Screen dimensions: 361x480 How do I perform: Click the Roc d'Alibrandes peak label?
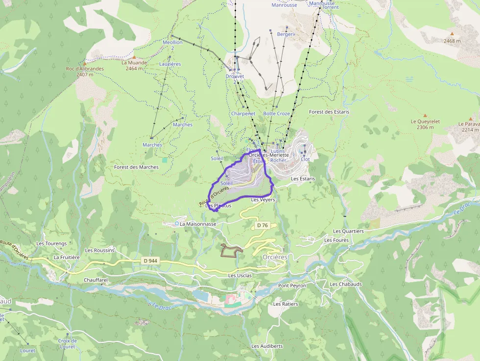pyautogui.click(x=85, y=69)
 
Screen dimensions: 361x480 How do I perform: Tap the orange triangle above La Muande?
pyautogui.click(x=134, y=57)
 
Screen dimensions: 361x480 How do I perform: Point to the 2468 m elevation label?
pyautogui.click(x=452, y=41)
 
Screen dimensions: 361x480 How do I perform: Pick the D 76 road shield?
pyautogui.click(x=263, y=225)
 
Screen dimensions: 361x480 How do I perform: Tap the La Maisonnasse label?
pyautogui.click(x=198, y=224)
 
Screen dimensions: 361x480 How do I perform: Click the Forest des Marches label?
pyautogui.click(x=136, y=167)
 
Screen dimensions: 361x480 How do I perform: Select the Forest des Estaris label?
pyautogui.click(x=329, y=112)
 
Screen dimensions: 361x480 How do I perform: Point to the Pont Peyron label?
pyautogui.click(x=292, y=286)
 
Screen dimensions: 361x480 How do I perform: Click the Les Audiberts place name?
pyautogui.click(x=267, y=346)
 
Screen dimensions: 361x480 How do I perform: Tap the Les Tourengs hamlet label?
pyautogui.click(x=51, y=243)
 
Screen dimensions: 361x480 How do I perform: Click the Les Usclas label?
pyautogui.click(x=240, y=275)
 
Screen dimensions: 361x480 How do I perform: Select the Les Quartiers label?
pyautogui.click(x=348, y=231)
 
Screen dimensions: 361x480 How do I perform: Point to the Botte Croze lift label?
pyautogui.click(x=276, y=114)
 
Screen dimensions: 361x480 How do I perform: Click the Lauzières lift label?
pyautogui.click(x=170, y=64)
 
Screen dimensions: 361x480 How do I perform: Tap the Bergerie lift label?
pyautogui.click(x=286, y=34)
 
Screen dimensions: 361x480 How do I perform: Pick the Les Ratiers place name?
pyautogui.click(x=286, y=304)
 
